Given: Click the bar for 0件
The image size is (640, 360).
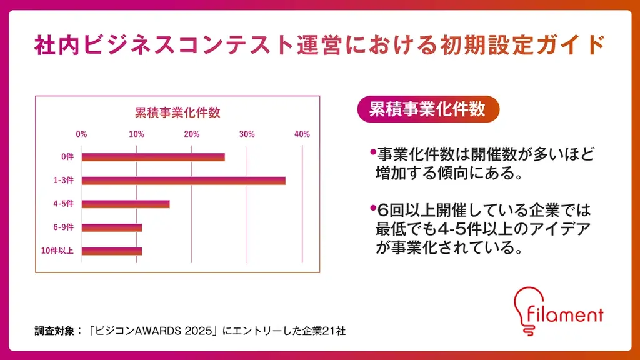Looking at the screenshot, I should [153, 157].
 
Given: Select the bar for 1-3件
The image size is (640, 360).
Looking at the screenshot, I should [183, 181].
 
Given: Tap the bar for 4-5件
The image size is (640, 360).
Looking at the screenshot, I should [126, 204].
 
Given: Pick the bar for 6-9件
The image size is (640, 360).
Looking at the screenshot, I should [112, 227].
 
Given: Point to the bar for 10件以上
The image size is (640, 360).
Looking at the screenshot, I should [112, 251].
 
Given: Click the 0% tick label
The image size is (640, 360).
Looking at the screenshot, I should [81, 134].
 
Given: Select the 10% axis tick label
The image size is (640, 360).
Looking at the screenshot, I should [136, 134].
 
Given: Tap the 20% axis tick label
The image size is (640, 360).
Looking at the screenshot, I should [192, 134].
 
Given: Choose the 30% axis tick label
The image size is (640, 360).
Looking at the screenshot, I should [247, 134].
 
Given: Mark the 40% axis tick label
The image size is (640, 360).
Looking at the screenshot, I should [302, 134].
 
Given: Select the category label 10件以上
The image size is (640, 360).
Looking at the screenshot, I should [57, 251].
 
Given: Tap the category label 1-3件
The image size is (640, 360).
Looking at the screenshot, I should [64, 181].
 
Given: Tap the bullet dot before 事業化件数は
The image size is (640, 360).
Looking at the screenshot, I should [372, 152].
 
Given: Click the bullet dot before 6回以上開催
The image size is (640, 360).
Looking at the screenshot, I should [372, 207].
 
